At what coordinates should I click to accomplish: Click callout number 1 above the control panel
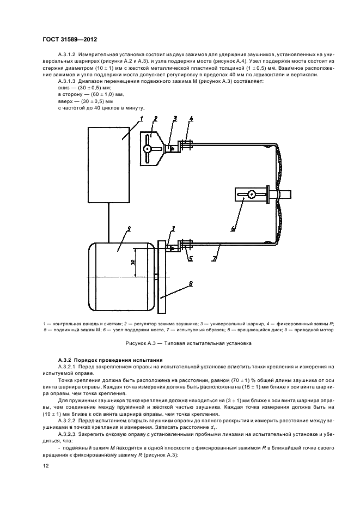141,118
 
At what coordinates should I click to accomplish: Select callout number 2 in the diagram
155,118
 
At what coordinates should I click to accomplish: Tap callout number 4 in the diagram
191,118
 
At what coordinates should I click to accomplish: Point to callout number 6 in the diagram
233,229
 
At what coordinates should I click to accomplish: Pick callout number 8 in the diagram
190,283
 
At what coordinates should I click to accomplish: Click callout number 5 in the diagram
190,258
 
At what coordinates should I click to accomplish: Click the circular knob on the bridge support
251,194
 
